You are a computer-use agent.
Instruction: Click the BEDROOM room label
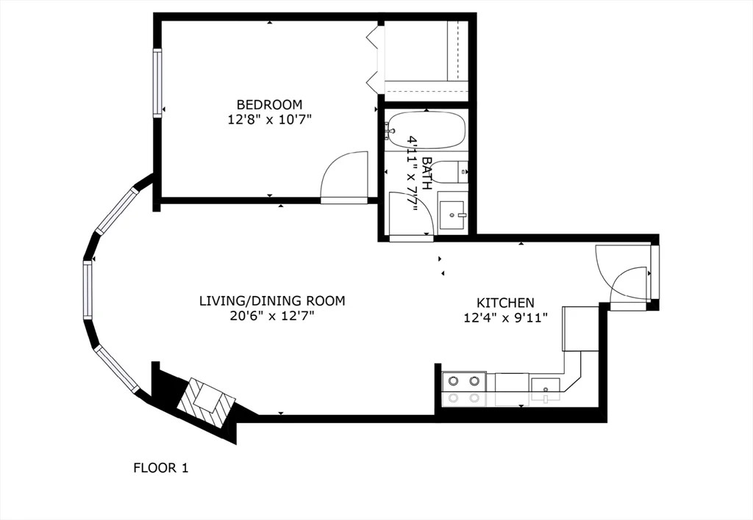[x=268, y=104]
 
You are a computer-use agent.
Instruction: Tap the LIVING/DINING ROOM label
[x=272, y=300]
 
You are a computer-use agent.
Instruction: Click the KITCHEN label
[x=505, y=303]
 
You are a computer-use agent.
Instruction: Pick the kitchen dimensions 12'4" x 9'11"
[x=505, y=318]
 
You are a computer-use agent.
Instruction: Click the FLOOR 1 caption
[x=161, y=467]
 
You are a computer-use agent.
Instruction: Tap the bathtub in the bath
[x=427, y=129]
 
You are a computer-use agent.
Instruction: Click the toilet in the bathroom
[x=450, y=172]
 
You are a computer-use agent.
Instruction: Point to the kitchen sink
[x=545, y=386]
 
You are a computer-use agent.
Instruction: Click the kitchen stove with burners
[x=464, y=389]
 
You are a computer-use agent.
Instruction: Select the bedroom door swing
[x=344, y=176]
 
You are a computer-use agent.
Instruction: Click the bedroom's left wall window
[x=157, y=82]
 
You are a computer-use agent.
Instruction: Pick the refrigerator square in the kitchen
[x=579, y=328]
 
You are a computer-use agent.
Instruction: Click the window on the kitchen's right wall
[x=654, y=272]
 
